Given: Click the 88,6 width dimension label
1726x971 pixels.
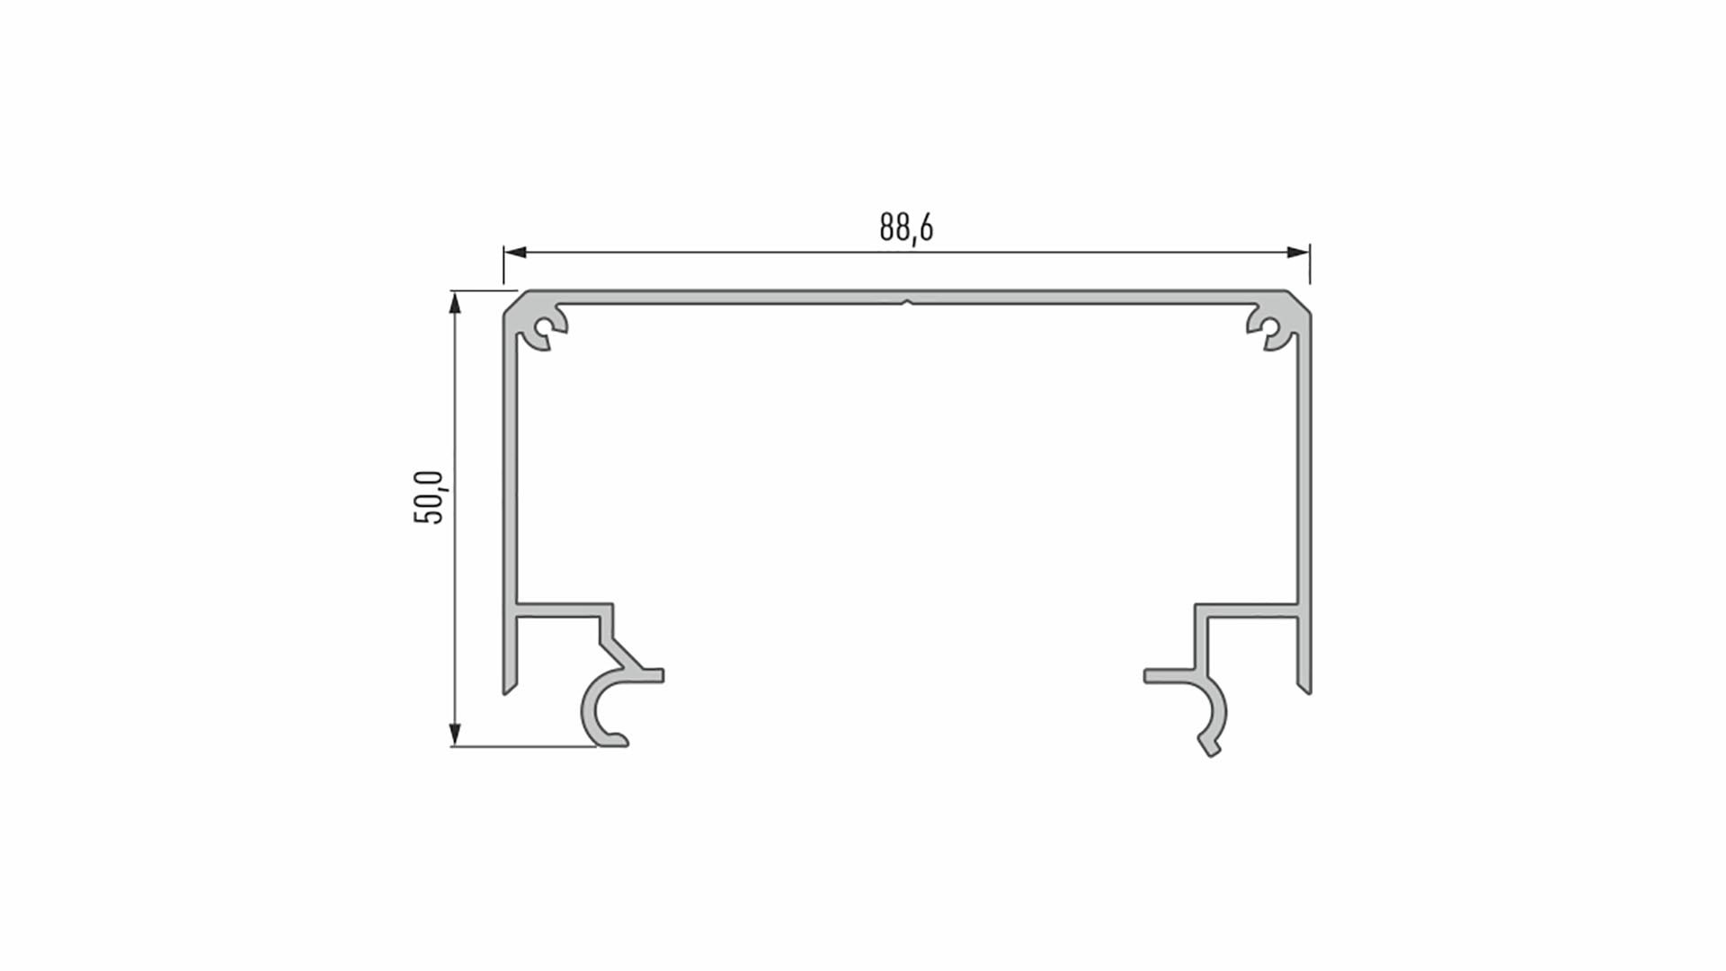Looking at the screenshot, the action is point(906,227).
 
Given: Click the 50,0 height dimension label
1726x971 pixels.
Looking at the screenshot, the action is point(429,497).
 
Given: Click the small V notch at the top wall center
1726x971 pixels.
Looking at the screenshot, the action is point(907,303).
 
